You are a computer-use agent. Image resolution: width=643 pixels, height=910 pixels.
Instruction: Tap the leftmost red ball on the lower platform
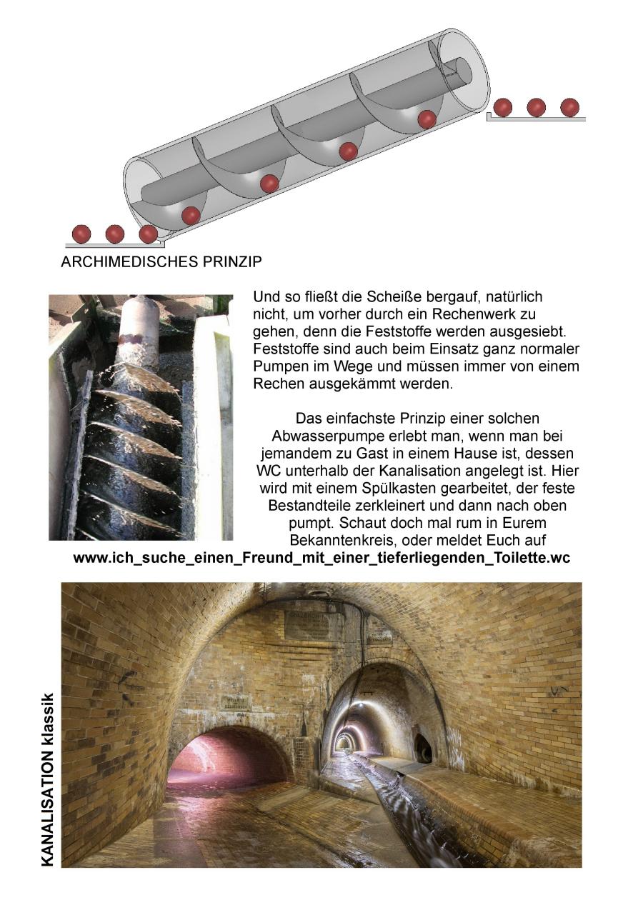[81, 234]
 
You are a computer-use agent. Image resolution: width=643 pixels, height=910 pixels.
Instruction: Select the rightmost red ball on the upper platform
[569, 107]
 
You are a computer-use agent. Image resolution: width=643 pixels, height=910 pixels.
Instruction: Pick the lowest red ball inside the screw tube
[191, 215]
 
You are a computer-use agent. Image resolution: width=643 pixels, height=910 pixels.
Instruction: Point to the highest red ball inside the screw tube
[427, 119]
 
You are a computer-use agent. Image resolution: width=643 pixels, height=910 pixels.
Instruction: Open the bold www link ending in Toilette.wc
[321, 559]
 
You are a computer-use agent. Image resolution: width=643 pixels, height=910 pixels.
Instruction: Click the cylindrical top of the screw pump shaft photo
[138, 321]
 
